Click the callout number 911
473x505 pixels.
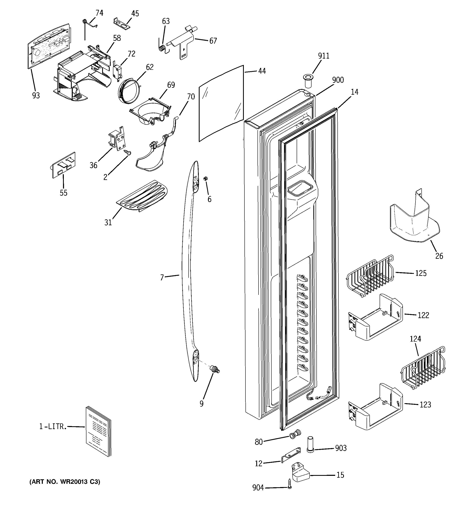(324, 56)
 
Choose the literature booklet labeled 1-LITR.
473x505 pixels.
(98, 431)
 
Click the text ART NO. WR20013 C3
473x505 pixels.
(65, 482)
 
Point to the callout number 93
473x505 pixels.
(36, 95)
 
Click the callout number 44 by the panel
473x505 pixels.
(262, 71)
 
